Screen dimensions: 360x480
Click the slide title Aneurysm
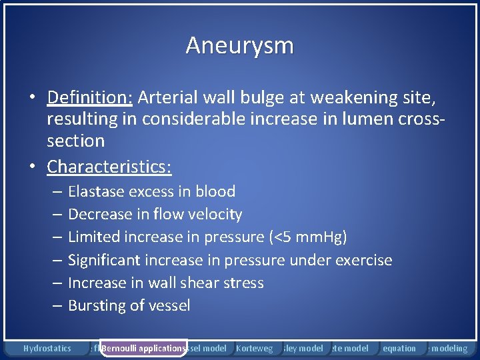pos(239,45)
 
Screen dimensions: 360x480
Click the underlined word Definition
pos(90,98)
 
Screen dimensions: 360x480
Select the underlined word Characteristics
pos(109,166)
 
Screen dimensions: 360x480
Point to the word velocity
pos(213,215)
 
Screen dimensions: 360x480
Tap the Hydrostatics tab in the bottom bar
pos(47,348)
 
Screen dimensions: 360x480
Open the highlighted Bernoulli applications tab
pos(143,348)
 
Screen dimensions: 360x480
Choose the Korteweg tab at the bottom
pos(254,348)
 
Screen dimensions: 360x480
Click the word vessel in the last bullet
pos(170,306)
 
